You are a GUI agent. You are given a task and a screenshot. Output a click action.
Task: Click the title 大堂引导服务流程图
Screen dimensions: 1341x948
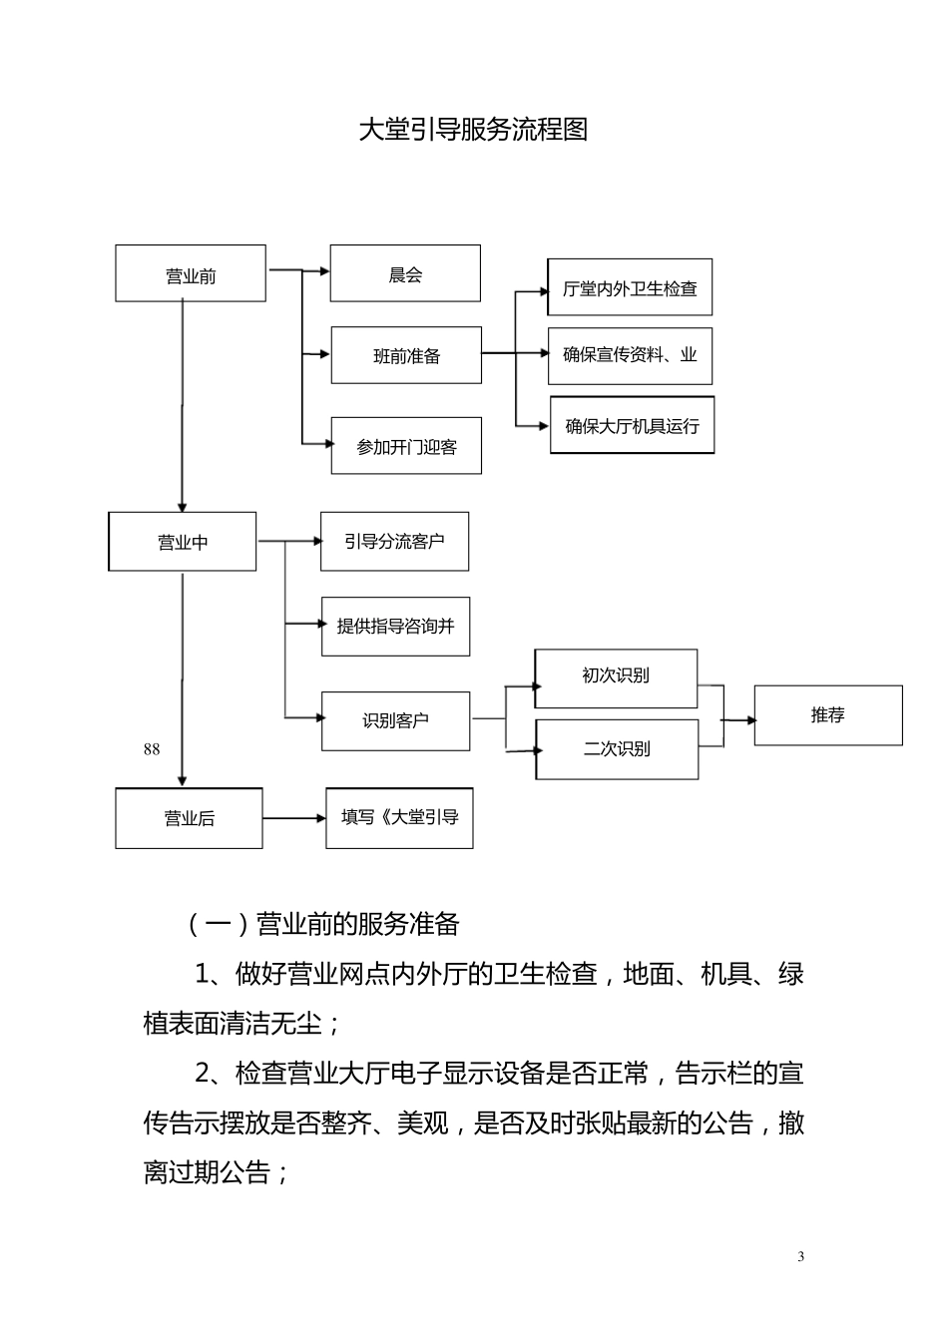coord(473,130)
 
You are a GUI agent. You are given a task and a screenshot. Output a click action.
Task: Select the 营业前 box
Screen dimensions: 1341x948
coord(191,274)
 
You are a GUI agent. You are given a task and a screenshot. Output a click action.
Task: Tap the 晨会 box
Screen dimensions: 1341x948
coord(405,273)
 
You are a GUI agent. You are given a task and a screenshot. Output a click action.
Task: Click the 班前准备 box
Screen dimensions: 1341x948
coord(406,355)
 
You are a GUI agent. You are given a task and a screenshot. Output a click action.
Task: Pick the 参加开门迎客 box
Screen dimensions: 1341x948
coord(406,446)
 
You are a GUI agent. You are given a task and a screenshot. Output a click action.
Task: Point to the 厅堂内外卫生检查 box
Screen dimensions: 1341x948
coord(630,288)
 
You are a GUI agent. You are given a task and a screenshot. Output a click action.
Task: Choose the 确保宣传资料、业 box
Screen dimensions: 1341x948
coord(630,355)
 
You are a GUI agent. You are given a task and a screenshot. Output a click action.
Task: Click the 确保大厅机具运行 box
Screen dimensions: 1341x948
coord(632,425)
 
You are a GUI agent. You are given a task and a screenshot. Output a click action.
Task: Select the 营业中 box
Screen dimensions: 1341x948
coord(183,542)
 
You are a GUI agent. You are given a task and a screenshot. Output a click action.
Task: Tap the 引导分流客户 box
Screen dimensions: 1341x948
coord(394,541)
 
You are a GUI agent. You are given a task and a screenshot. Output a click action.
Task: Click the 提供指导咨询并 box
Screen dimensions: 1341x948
coord(395,627)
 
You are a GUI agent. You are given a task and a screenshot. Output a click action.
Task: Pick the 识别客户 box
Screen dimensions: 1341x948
coord(395,719)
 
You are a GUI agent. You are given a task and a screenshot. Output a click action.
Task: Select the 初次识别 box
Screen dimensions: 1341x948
coord(616,677)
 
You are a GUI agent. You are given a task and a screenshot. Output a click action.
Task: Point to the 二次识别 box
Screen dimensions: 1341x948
coord(617,748)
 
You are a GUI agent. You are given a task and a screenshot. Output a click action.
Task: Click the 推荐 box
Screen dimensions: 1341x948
coord(827,715)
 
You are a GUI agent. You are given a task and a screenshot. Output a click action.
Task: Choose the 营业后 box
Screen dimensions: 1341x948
coord(189,818)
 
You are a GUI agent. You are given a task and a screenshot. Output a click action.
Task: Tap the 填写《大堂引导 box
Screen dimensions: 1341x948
coord(399,818)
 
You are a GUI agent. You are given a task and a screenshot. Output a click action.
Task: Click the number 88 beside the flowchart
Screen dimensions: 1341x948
coord(152,749)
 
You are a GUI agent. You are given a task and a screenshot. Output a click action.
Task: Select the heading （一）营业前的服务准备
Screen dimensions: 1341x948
coord(322,924)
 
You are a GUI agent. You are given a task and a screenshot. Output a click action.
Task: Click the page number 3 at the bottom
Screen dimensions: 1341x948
coord(800,1256)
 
